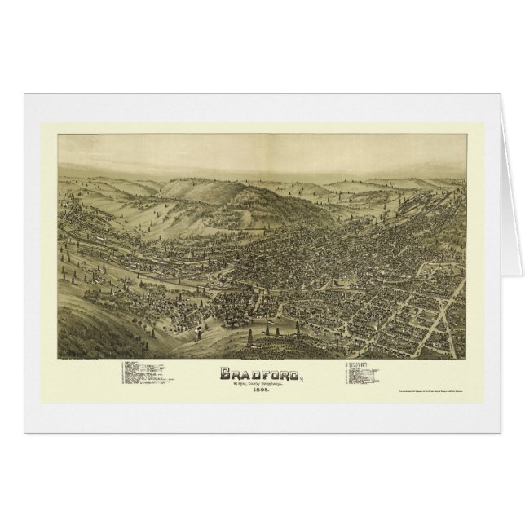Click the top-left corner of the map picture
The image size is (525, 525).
[x=59, y=135]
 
